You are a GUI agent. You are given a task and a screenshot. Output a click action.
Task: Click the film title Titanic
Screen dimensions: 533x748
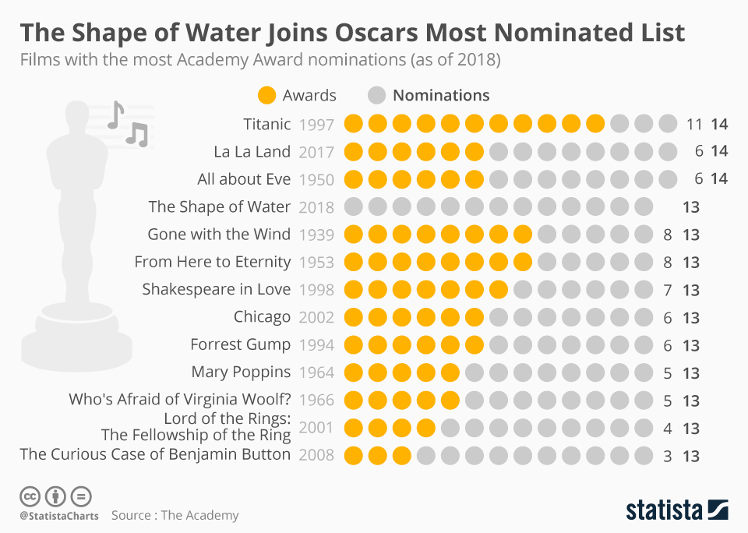[x=266, y=124]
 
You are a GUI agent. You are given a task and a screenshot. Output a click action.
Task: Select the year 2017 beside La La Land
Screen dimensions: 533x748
[x=316, y=152]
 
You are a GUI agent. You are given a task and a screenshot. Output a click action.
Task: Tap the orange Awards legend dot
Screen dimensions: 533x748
[x=266, y=95]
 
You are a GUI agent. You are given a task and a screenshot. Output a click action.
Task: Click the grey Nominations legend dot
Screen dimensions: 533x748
[x=377, y=95]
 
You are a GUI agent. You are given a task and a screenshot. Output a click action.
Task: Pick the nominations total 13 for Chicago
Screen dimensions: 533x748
[x=691, y=318]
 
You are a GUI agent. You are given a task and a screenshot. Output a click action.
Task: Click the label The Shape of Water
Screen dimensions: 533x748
[x=219, y=207]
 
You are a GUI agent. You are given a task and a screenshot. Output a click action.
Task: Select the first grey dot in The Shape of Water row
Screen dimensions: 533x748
[x=355, y=207]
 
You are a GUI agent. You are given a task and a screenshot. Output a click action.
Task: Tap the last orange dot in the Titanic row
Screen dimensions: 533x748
[x=596, y=124]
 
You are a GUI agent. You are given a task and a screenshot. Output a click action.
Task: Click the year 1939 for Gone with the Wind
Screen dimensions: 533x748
[x=316, y=235]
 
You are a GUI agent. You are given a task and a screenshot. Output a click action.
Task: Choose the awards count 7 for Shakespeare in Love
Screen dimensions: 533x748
[x=667, y=290]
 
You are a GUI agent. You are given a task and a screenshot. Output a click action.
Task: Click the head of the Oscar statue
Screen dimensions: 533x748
[x=76, y=117]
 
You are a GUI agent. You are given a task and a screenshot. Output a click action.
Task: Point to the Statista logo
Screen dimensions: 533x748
[x=677, y=510]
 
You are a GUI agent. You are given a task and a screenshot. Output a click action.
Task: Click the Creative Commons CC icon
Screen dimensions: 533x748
[x=30, y=496]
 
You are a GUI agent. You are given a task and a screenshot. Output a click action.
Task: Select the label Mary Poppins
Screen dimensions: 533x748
[x=241, y=372]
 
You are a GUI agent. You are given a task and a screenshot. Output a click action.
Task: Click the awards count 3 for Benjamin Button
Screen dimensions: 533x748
[x=667, y=457]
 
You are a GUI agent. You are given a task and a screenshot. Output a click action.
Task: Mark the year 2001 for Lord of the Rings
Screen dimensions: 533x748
[x=316, y=428]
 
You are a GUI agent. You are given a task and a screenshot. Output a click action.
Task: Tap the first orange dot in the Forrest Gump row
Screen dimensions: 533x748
[x=355, y=345]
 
